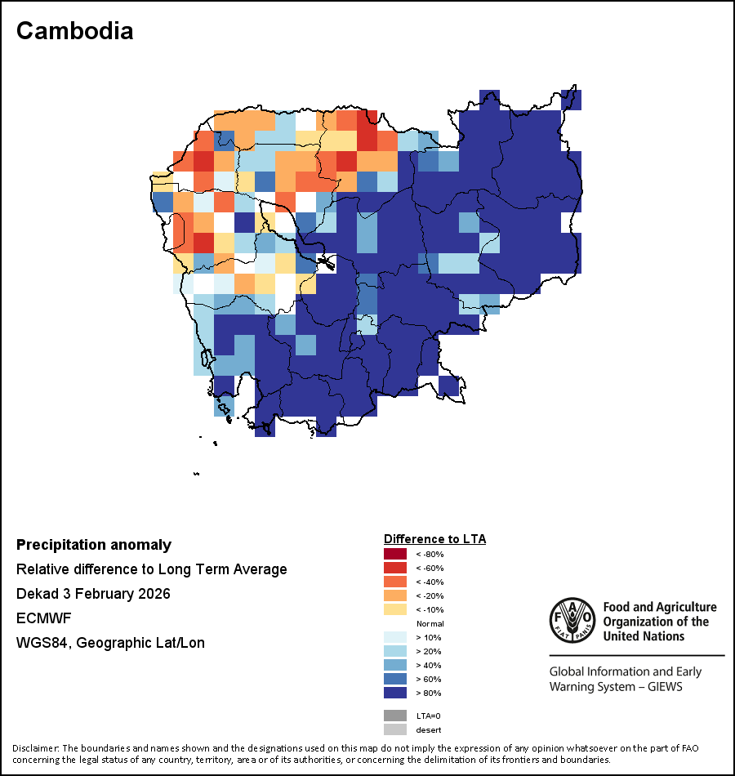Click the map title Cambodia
click(x=74, y=31)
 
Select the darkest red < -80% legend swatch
click(x=394, y=555)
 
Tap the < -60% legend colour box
click(x=394, y=569)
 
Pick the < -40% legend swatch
click(x=394, y=582)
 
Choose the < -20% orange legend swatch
click(x=394, y=596)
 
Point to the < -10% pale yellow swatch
click(x=394, y=610)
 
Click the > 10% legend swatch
click(x=394, y=638)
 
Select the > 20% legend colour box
click(x=394, y=652)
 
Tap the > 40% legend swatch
click(x=394, y=666)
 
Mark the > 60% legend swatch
click(x=394, y=680)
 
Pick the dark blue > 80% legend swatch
click(x=394, y=693)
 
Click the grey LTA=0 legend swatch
click(x=394, y=716)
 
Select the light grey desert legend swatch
click(x=394, y=729)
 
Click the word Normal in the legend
click(x=430, y=624)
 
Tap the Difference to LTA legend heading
click(x=434, y=539)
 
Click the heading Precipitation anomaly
click(x=94, y=545)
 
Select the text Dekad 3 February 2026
click(x=93, y=594)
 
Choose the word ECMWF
click(x=42, y=618)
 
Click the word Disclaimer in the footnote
click(x=34, y=748)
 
